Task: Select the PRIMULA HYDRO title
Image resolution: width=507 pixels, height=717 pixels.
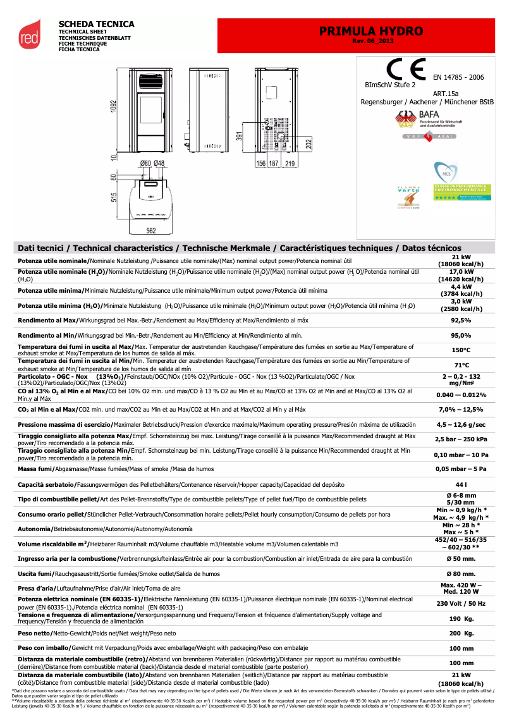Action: (x=371, y=31)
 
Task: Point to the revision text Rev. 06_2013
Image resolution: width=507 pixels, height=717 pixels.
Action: (x=371, y=41)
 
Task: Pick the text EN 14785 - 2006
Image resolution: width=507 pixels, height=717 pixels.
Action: (x=458, y=77)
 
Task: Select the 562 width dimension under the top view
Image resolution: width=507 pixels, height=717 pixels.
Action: (x=151, y=231)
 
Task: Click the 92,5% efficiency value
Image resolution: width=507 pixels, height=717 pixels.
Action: (x=461, y=321)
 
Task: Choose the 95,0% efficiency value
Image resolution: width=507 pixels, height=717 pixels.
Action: (x=461, y=335)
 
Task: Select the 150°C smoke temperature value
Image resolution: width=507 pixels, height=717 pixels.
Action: (x=461, y=350)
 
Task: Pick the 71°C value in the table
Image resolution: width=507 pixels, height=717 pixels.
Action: (x=461, y=365)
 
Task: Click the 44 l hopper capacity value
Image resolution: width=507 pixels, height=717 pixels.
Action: (x=461, y=484)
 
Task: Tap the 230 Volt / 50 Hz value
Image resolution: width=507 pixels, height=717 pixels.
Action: (x=461, y=603)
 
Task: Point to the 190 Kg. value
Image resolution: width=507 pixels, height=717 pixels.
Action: (x=461, y=618)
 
